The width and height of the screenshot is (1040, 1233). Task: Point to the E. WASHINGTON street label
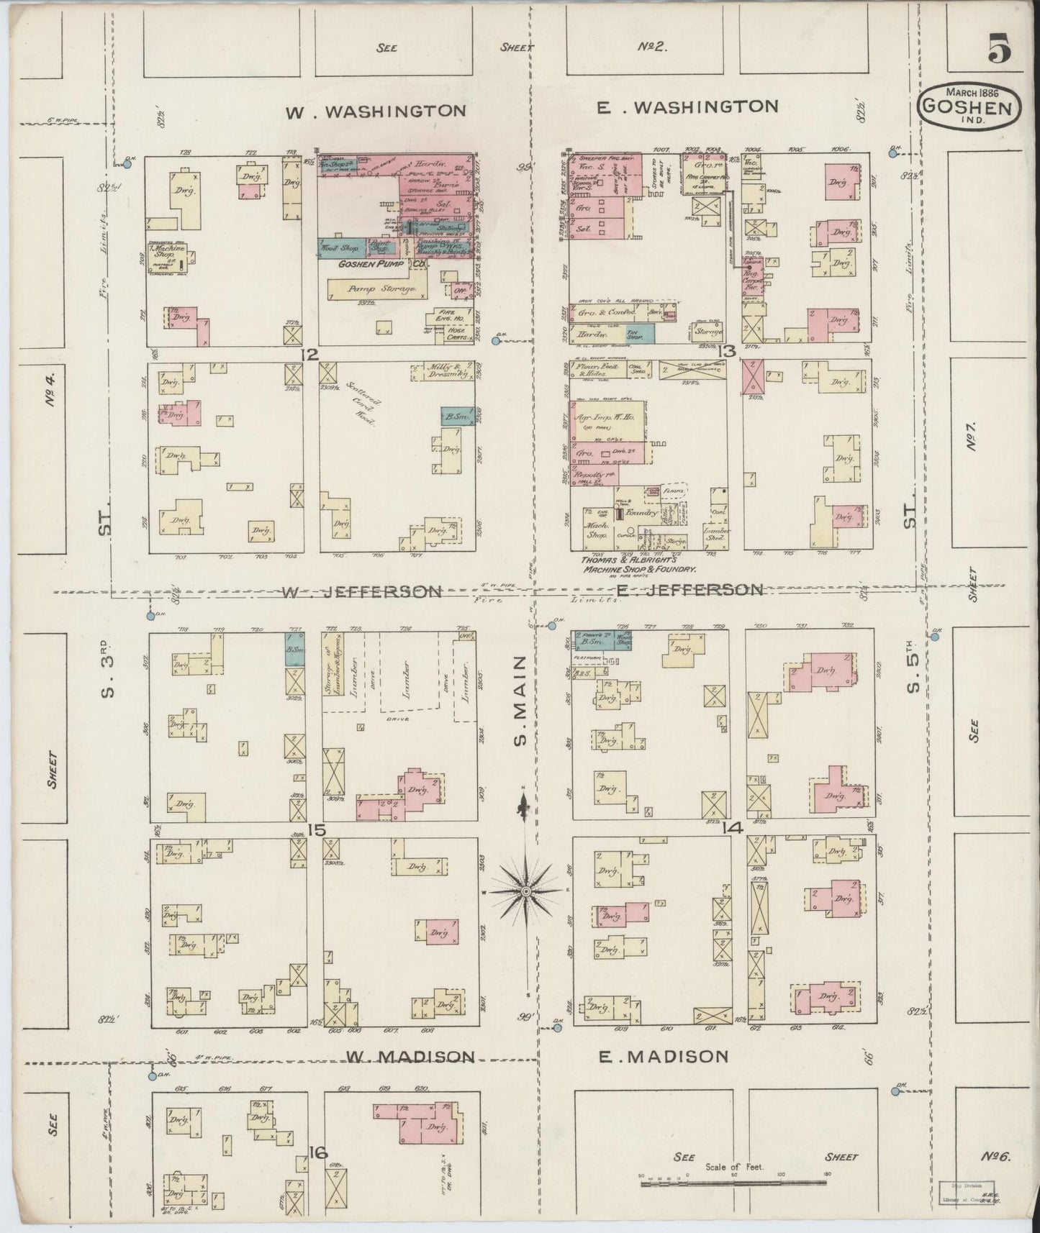pos(688,107)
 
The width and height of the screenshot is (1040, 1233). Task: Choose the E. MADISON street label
pos(664,1056)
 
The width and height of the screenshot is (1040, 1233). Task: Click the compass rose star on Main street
pos(526,891)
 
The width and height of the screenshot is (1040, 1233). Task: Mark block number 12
pos(309,353)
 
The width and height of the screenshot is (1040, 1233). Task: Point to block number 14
pos(733,828)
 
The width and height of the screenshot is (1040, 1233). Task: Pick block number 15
pos(317,829)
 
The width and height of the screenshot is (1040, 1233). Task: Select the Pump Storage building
pos(372,289)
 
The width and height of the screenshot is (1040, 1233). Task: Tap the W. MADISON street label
pos(410,1056)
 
